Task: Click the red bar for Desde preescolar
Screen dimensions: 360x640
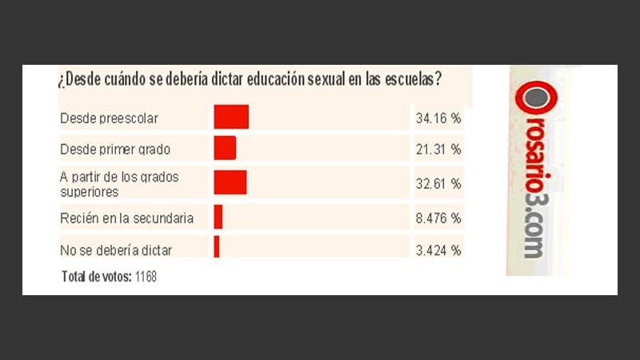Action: pos(231,117)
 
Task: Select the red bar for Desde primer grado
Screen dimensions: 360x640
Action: pos(225,148)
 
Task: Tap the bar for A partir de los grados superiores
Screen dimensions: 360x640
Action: pos(230,182)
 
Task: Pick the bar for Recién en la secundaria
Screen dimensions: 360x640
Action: pos(218,217)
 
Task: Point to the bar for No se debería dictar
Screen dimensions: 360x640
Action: pos(216,246)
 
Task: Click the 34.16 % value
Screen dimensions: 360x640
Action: pos(438,118)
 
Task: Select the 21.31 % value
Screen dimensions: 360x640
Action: pos(438,149)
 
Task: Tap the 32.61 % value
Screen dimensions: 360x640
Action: pos(438,183)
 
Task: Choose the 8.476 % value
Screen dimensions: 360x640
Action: pos(438,217)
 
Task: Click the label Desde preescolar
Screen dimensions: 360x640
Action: pos(109,118)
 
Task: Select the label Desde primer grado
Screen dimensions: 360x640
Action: pos(115,149)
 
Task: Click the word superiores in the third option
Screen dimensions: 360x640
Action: pos(90,192)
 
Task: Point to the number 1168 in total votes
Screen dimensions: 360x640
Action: pos(147,276)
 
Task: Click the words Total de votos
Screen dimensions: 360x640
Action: pos(95,276)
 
